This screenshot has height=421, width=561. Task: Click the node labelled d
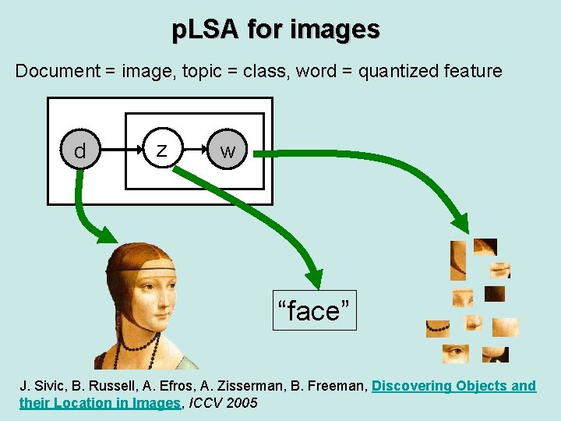point(79,150)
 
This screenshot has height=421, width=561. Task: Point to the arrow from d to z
point(119,150)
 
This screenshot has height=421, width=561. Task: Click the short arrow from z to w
point(194,150)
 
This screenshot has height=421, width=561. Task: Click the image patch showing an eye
point(456,354)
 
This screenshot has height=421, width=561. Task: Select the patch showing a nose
point(474,322)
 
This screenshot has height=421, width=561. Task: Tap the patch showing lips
point(500,270)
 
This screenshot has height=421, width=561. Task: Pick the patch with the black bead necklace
point(437,328)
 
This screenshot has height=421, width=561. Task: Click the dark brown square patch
point(495,294)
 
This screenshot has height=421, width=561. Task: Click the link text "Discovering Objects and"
point(453,385)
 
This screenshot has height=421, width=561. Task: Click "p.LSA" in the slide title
point(206,30)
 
